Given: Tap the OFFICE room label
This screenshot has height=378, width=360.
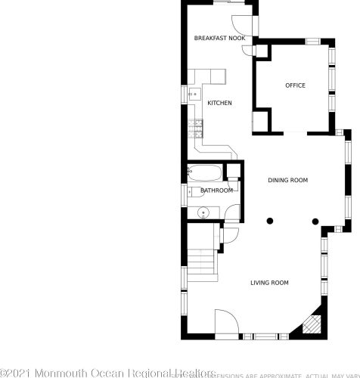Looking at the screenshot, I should [295, 85].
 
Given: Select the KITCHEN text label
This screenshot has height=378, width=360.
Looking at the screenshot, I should [219, 103].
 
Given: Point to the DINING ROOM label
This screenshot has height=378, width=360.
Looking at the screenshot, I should [288, 180].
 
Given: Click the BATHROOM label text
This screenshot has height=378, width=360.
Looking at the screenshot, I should [216, 191].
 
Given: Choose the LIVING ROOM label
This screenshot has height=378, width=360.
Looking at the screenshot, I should [270, 283].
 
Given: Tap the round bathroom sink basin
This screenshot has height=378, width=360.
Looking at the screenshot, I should [204, 212].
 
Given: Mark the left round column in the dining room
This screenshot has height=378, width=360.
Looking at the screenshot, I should [269, 222].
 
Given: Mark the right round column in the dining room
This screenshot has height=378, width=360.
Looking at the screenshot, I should [315, 222].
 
